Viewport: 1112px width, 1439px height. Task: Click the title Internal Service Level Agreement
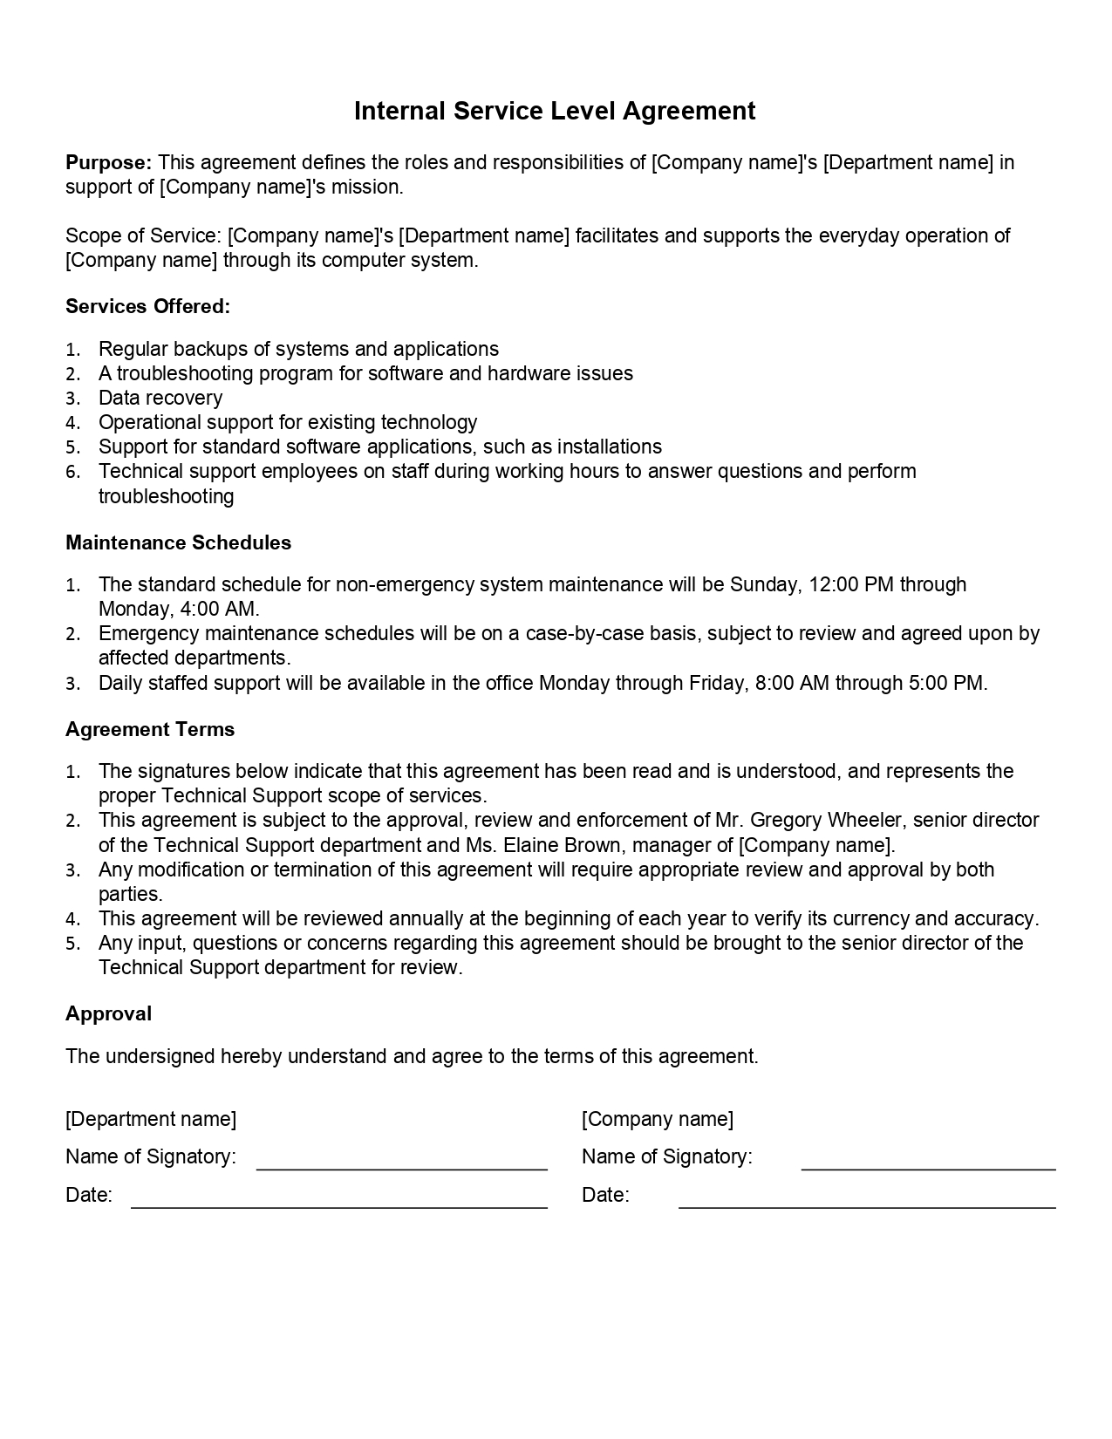coord(555,111)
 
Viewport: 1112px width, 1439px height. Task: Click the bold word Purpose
coord(108,162)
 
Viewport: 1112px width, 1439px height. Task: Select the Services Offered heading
coord(147,306)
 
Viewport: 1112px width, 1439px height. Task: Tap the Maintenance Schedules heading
coord(178,542)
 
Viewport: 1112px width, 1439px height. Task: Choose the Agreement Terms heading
coord(150,729)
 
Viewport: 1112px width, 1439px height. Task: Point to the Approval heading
coord(108,1013)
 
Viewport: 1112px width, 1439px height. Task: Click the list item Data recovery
coord(160,398)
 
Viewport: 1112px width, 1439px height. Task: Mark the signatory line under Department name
coord(401,1167)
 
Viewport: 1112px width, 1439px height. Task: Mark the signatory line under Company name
coord(928,1167)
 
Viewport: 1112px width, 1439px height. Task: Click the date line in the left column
coord(338,1206)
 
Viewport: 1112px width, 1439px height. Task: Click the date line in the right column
coord(867,1206)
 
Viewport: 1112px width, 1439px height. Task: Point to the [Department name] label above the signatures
coord(151,1119)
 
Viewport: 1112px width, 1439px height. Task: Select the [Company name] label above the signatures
coord(658,1119)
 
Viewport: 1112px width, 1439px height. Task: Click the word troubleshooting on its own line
coord(166,496)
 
